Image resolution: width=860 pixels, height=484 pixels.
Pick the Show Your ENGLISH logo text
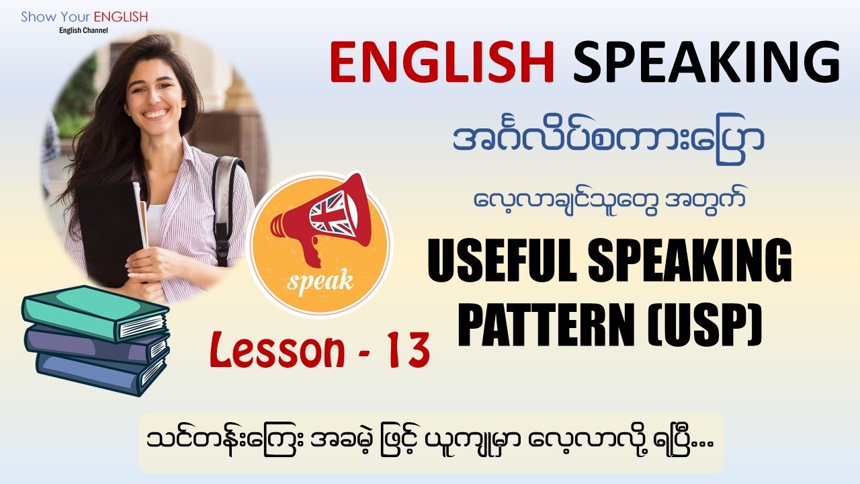pyautogui.click(x=84, y=17)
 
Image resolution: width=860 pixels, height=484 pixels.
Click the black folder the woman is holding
pyautogui.click(x=107, y=229)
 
